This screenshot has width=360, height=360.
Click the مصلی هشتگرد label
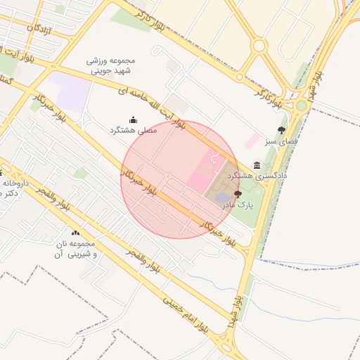134,130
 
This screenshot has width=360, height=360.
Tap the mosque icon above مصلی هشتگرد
134,120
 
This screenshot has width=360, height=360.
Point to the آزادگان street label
40,30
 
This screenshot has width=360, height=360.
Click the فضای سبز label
281,141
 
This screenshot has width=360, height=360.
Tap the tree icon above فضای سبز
282,130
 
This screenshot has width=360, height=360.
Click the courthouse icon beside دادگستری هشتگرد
257,165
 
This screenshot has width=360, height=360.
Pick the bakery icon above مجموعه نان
75,233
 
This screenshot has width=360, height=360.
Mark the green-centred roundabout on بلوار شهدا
301,105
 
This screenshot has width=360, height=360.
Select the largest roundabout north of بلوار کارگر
259,46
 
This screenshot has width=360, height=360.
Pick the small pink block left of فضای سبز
251,140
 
